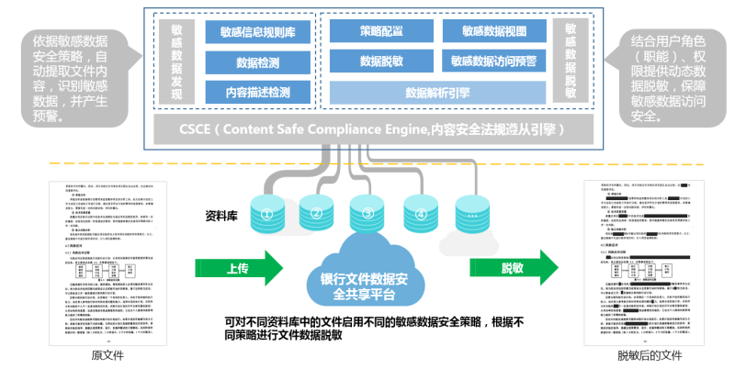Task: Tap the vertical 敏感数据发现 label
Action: (x=177, y=61)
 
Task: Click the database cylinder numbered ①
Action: (x=268, y=215)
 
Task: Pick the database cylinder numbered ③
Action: (x=367, y=214)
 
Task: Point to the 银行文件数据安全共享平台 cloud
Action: (x=367, y=277)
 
